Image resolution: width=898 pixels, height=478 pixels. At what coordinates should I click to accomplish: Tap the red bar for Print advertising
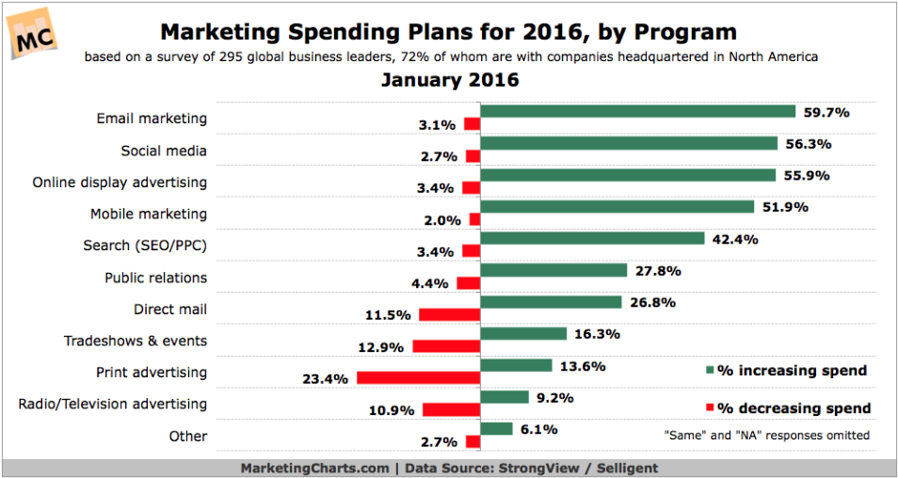(419, 378)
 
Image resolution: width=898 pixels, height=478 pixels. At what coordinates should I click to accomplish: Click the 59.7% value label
(827, 112)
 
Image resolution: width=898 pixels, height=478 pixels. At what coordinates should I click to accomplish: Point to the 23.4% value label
(326, 379)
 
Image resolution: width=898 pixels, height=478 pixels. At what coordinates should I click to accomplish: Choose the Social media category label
(164, 151)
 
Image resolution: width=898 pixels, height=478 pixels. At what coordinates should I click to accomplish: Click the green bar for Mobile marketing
(617, 206)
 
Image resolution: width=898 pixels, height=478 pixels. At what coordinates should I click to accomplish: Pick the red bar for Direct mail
(450, 315)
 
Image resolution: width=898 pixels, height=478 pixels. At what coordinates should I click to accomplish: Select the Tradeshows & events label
(136, 341)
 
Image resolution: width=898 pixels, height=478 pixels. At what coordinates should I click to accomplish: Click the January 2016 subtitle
(450, 80)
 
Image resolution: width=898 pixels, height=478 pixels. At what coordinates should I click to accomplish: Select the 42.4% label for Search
(735, 238)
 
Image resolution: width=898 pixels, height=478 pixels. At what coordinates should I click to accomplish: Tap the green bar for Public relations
(553, 270)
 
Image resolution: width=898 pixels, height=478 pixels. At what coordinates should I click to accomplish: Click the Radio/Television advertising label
(113, 404)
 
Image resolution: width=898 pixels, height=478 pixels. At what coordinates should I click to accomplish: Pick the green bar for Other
(497, 428)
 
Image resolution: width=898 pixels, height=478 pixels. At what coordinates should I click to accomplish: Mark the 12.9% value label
(383, 347)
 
